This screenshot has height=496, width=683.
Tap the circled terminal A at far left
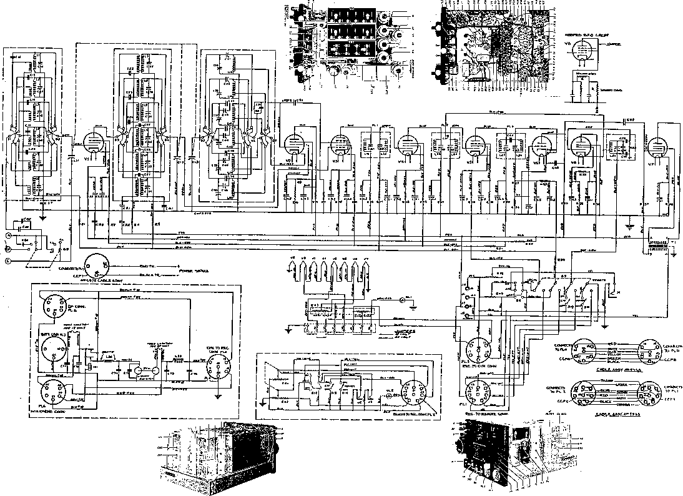(9, 236)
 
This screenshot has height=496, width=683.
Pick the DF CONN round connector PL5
(53, 305)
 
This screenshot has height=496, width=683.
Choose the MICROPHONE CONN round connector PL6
(54, 394)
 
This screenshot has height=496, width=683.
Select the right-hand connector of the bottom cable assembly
(649, 396)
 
